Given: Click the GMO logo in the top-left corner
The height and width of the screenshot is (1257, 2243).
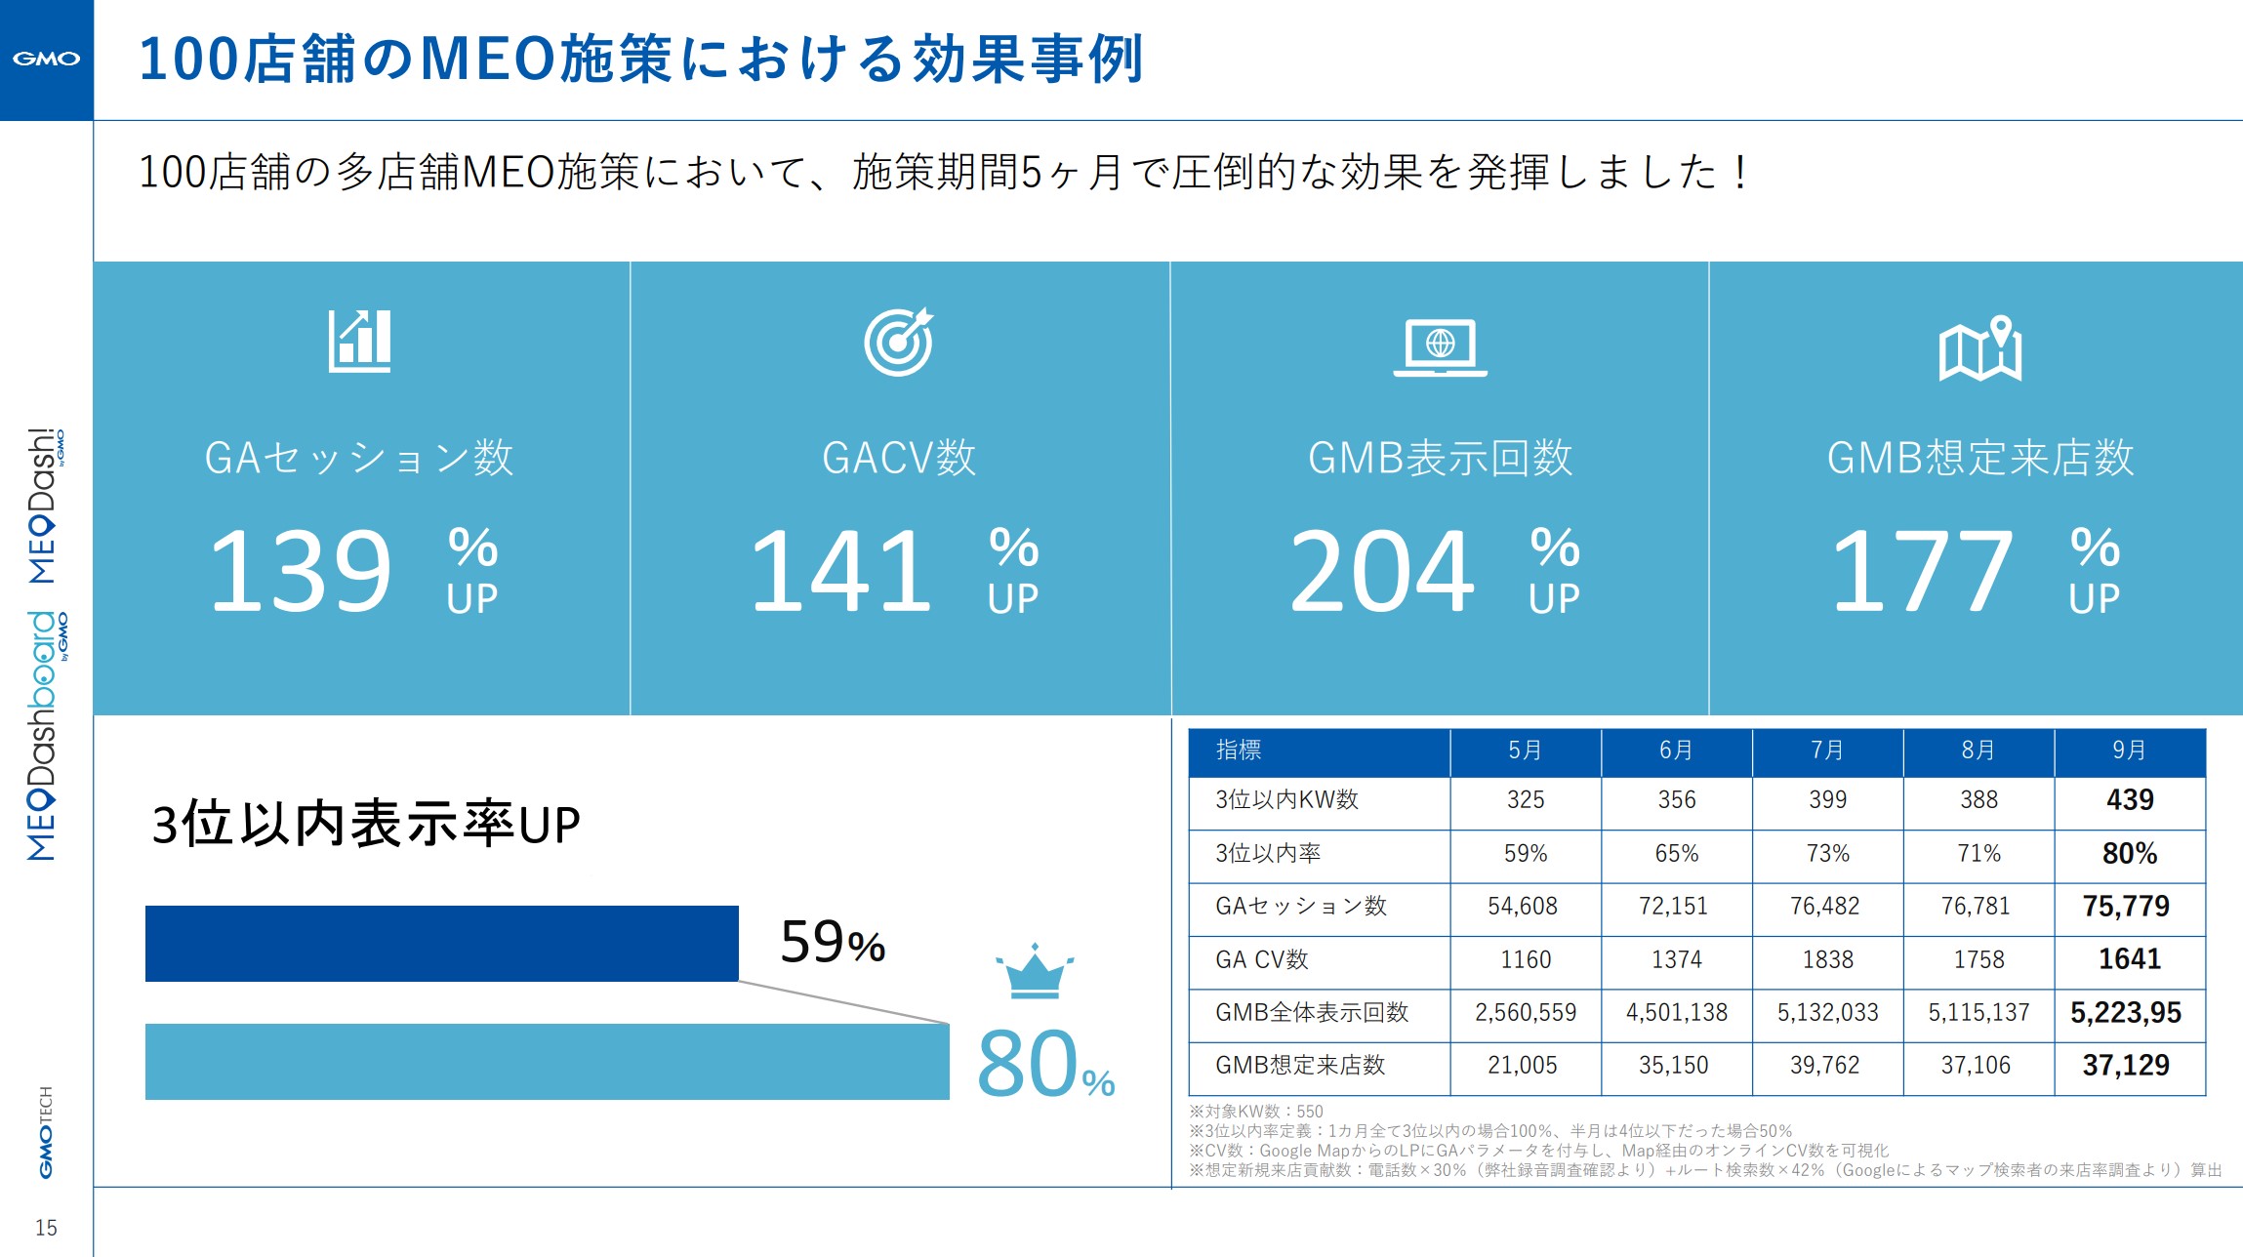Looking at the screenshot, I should [46, 59].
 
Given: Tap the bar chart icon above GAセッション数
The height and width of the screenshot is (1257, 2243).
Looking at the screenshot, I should [359, 341].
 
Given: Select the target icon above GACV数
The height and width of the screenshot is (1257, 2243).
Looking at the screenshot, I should [898, 342].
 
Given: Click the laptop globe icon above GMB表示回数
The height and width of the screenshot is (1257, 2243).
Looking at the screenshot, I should [1440, 346].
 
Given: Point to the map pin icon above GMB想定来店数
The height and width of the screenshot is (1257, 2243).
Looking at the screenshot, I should [1979, 347].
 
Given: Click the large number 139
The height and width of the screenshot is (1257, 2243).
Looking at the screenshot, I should [301, 571].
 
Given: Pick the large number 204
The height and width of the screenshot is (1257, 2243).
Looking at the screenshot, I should [1381, 571].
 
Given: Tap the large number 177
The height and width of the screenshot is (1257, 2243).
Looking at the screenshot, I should [1921, 571].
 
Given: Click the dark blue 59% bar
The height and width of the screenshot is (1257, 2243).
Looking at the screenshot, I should [441, 944].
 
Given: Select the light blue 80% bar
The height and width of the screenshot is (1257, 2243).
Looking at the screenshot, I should [547, 1062].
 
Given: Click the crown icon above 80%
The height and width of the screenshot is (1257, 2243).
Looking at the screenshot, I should [1034, 972].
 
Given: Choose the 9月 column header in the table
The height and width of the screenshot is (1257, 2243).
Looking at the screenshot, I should [2129, 750].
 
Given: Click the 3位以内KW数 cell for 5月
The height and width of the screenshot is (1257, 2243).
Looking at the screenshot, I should [1525, 800].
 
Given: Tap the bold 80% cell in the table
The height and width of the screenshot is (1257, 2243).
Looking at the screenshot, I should [2129, 854].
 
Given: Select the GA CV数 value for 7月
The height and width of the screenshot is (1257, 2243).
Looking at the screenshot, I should [1827, 959].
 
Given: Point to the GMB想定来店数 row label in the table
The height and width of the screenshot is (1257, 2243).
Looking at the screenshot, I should [1300, 1066].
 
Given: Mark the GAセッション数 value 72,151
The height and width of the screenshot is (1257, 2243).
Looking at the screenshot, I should [1673, 907].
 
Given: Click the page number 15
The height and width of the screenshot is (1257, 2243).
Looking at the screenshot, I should [46, 1228].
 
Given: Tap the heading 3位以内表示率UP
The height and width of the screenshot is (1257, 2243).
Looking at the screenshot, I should [366, 825].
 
